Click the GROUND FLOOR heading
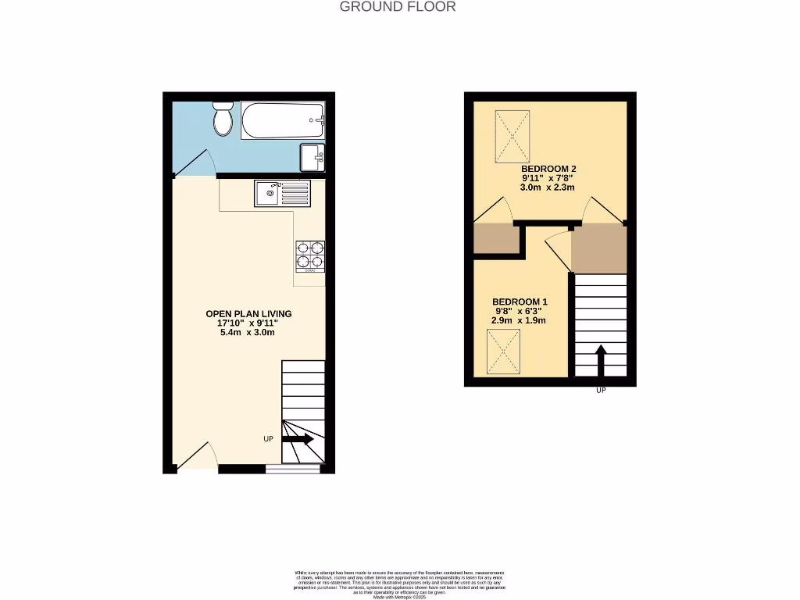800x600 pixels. click(x=398, y=7)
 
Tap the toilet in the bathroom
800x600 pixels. click(x=223, y=121)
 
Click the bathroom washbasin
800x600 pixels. click(x=312, y=157)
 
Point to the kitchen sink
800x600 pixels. click(x=281, y=193)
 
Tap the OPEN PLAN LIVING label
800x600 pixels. click(x=248, y=314)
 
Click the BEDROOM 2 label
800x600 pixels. click(x=548, y=169)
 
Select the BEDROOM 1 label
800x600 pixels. click(x=520, y=302)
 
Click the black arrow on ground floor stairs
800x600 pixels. click(x=298, y=440)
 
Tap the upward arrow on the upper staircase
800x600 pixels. click(x=601, y=361)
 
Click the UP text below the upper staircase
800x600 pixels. click(x=601, y=390)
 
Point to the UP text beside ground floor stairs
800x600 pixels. click(x=268, y=439)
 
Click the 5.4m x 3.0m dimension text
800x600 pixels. click(x=248, y=333)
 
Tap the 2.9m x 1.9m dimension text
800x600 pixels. click(x=519, y=320)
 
